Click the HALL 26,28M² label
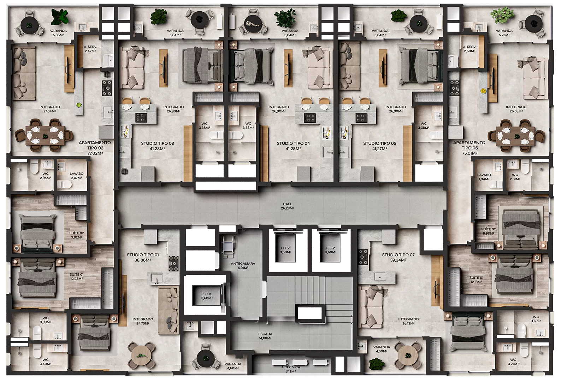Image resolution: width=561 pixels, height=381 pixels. point(287,206)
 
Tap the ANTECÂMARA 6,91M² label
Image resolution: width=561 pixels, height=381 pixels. point(243,265)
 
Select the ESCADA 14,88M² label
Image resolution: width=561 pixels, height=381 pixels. point(265,336)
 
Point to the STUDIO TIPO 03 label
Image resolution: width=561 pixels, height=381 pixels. point(157,143)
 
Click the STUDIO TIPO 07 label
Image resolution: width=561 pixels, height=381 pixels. point(398,255)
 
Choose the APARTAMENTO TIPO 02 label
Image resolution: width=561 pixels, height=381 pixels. point(95,145)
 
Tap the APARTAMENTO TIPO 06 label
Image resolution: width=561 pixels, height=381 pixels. point(470,145)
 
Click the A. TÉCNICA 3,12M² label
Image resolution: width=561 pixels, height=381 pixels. point(290,369)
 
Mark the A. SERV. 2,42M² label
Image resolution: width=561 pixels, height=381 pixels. point(90,49)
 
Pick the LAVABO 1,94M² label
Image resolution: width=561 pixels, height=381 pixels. point(484,177)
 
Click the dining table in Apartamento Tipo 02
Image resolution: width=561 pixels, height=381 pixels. point(45,135)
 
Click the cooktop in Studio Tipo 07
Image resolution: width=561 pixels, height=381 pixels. point(363,257)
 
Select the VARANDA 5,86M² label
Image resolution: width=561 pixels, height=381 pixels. point(58,33)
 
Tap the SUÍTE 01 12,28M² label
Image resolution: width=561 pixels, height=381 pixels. point(76,277)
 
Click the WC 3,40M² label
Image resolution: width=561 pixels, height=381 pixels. point(45,362)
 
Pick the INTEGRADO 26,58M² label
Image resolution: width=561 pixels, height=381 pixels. point(516,109)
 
